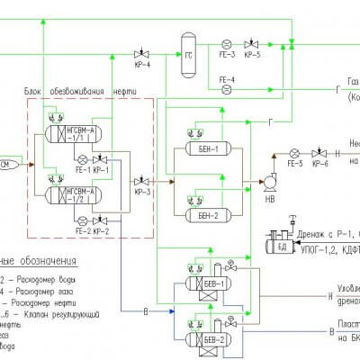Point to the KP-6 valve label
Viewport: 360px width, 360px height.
tap(319, 164)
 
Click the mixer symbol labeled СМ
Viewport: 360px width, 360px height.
tap(5, 164)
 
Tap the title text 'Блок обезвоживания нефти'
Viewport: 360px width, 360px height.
tap(89, 90)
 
